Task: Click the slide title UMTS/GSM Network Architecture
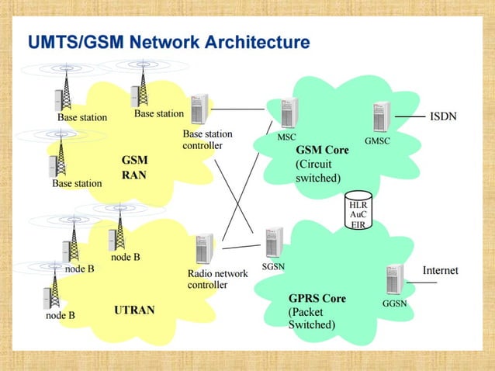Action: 168,42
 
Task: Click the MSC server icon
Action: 289,113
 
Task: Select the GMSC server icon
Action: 379,119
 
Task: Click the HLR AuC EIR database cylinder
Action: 358,210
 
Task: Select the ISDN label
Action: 443,117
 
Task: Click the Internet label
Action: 440,271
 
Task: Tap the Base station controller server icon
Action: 199,109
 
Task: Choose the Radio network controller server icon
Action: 205,249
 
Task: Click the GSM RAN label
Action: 134,168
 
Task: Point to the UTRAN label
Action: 134,310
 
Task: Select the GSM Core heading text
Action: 322,150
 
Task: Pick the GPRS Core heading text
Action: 317,298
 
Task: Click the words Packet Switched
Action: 311,318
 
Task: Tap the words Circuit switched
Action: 318,171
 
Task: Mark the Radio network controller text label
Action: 217,279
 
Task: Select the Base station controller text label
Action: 207,140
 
